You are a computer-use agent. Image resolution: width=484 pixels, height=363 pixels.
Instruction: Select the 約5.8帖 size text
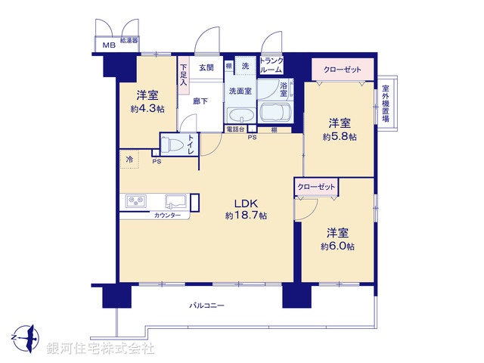339,137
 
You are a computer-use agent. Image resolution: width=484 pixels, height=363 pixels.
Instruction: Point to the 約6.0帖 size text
338,246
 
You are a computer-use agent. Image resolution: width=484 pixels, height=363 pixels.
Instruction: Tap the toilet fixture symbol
173,144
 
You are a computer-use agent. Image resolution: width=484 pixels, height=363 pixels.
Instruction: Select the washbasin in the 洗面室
240,116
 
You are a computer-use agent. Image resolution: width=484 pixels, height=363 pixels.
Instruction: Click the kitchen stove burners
137,202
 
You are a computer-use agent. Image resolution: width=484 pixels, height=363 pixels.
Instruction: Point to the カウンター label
167,216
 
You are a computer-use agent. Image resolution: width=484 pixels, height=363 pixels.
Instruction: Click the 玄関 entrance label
206,67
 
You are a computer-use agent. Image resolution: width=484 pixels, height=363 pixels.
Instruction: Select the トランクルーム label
271,65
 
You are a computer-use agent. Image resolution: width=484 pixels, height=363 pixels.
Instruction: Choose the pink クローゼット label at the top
343,70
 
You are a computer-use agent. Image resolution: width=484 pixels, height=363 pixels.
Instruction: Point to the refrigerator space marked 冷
129,160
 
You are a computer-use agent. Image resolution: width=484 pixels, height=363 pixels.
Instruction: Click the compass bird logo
25,334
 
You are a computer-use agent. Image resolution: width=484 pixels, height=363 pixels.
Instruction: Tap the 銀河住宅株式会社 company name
101,349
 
